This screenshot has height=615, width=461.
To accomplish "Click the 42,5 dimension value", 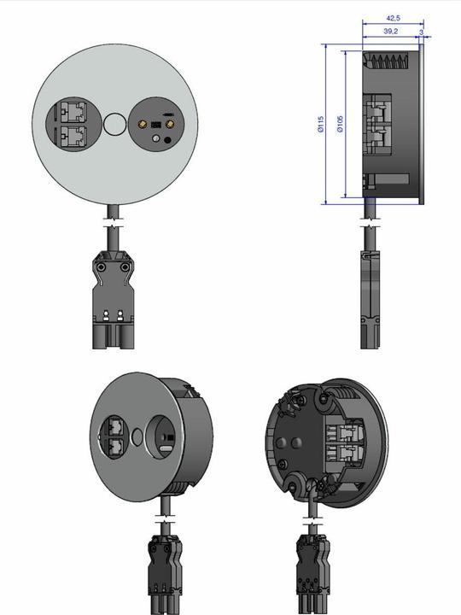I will (x=393, y=17).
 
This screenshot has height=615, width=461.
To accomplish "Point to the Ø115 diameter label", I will (x=319, y=125).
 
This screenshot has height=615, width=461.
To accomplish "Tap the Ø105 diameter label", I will (x=340, y=125).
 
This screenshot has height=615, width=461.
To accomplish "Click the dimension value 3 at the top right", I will (x=422, y=31).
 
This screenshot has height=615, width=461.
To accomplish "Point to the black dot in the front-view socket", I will (x=156, y=138).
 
